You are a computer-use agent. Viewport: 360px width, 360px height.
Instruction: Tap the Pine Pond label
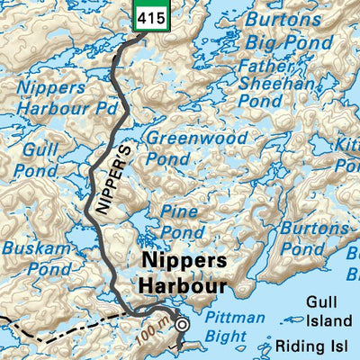point(182,220)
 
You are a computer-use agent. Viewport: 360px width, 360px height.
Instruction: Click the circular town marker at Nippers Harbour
point(183,325)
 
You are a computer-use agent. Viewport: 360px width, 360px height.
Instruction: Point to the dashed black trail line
point(54,322)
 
